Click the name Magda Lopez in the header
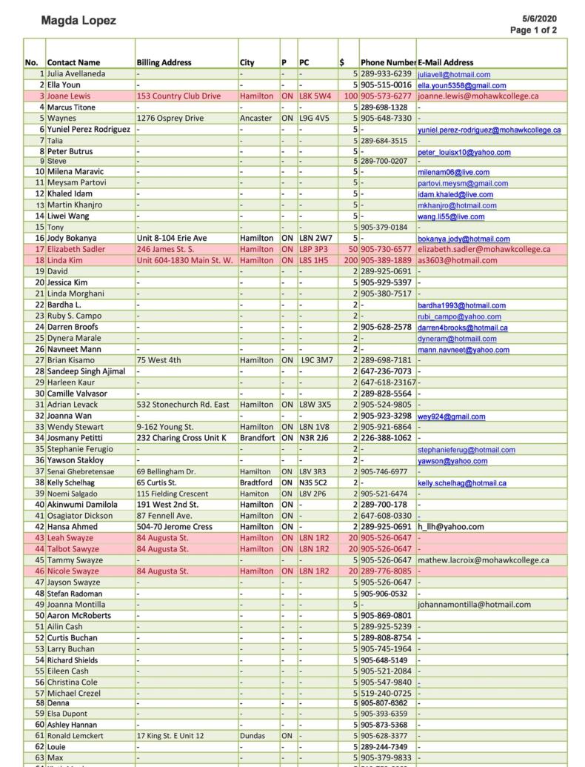(78, 21)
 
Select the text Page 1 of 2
(533, 30)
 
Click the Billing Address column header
(164, 63)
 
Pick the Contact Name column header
(73, 63)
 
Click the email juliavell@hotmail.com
(453, 75)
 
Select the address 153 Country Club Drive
(178, 96)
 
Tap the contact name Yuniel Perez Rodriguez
(88, 130)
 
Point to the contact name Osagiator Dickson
(80, 516)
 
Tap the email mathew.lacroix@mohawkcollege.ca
(483, 560)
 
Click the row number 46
(39, 571)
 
